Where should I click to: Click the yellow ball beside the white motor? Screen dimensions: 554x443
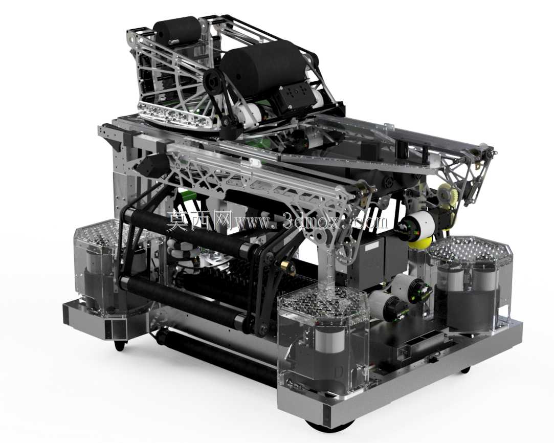tap(421, 242)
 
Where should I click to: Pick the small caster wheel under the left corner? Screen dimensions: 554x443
tap(120, 346)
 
